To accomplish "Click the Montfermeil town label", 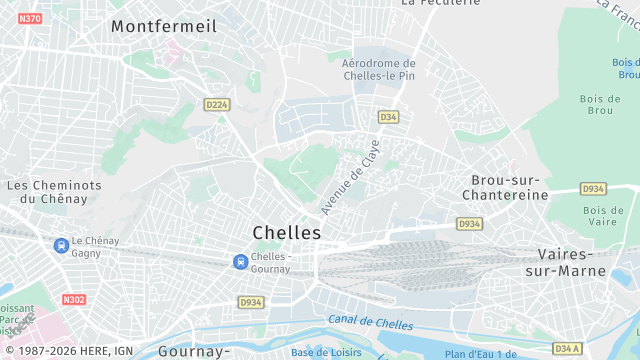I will pyautogui.click(x=164, y=26).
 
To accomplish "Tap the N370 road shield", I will pyautogui.click(x=30, y=19).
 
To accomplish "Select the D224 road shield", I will pyautogui.click(x=216, y=104).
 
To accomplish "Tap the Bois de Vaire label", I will pyautogui.click(x=603, y=217).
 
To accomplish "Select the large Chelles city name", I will pyautogui.click(x=287, y=232).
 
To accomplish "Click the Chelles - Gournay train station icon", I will pyautogui.click(x=240, y=262).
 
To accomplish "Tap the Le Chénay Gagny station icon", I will pyautogui.click(x=61, y=244).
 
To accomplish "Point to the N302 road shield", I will pyautogui.click(x=74, y=299).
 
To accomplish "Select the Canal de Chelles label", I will pyautogui.click(x=369, y=322).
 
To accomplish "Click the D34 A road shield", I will pyautogui.click(x=566, y=348).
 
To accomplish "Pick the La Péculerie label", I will pyautogui.click(x=435, y=3).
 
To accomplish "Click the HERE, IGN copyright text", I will pyautogui.click(x=74, y=351).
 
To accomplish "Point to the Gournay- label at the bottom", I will pyautogui.click(x=193, y=352).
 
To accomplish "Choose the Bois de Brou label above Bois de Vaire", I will pyautogui.click(x=599, y=104).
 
